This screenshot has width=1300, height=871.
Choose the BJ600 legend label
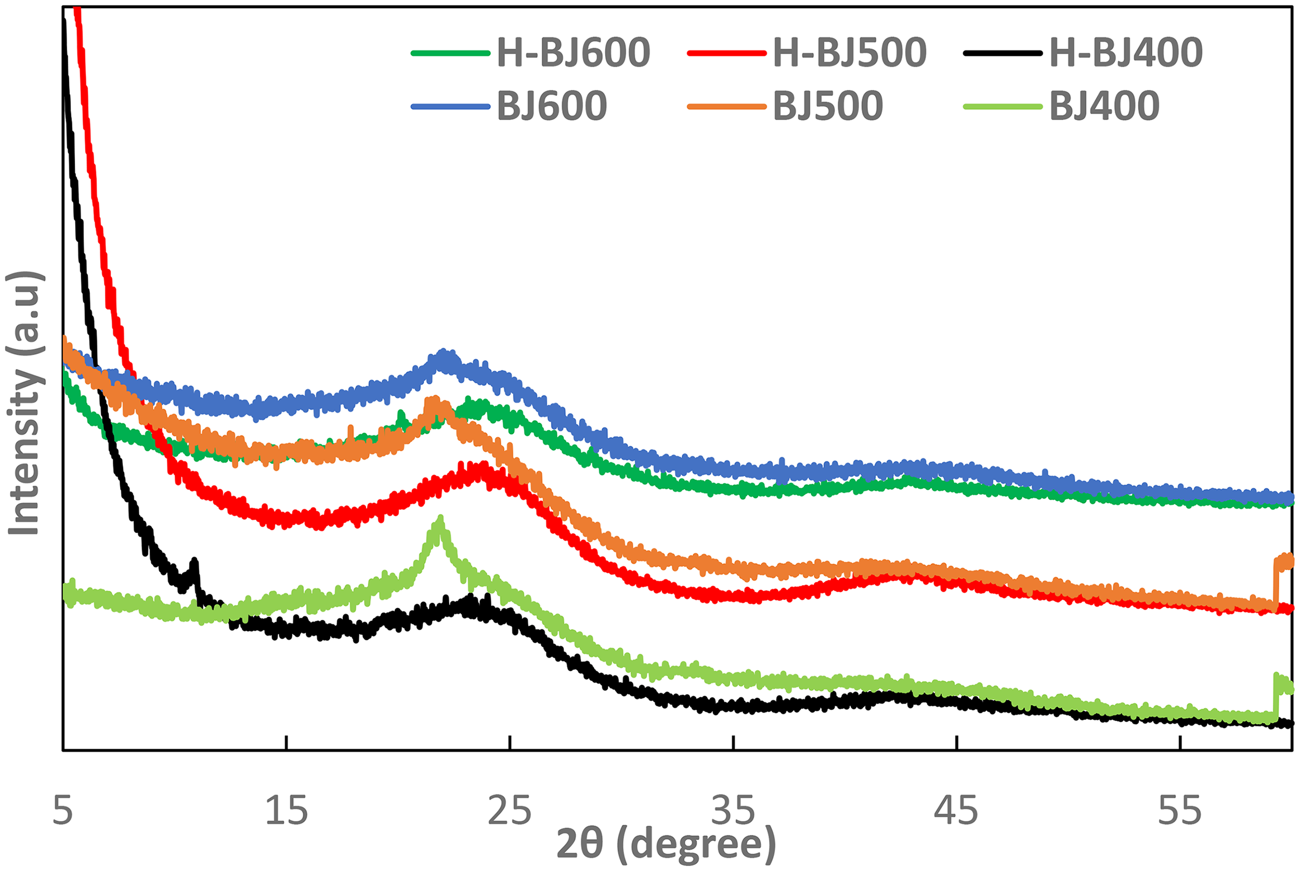551,106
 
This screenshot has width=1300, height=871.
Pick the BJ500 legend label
828,106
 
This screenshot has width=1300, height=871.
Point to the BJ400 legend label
1104,106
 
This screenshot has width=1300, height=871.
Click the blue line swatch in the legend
450,106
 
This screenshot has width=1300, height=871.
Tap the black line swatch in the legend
1003,54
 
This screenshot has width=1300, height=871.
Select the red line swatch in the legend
726,54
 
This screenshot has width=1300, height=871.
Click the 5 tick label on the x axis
63,811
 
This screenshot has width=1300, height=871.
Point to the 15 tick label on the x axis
286,811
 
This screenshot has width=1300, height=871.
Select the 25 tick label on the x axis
510,811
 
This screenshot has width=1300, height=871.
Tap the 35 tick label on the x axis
733,811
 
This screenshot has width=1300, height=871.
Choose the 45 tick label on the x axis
956,811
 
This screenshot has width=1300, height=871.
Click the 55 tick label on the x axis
1179,811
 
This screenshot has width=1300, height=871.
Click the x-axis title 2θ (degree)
666,843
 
